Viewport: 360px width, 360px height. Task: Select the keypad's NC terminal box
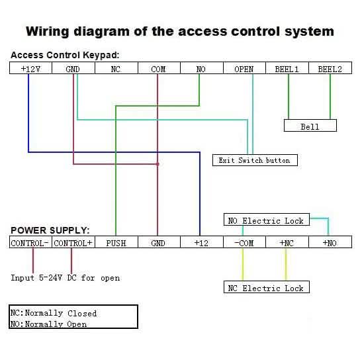(116, 69)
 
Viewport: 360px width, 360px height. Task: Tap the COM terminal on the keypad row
(158, 69)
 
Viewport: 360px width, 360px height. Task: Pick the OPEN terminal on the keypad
(244, 69)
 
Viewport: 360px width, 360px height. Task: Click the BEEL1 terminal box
(287, 69)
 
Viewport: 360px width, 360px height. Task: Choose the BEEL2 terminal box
(330, 69)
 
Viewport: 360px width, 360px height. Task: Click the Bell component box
(310, 126)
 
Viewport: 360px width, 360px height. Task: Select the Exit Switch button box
(255, 160)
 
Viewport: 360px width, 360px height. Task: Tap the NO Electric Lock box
(265, 221)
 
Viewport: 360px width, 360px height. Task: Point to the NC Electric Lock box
(265, 288)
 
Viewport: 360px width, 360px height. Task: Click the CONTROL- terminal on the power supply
(30, 243)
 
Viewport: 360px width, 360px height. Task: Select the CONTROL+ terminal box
(73, 243)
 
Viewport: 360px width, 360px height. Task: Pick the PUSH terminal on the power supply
(116, 243)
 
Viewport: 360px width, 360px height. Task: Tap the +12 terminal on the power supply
(201, 243)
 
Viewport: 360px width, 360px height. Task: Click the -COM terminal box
(244, 243)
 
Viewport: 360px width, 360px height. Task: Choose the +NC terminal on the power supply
(287, 243)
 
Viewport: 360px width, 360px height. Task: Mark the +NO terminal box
(330, 243)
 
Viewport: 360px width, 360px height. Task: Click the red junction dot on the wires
(157, 163)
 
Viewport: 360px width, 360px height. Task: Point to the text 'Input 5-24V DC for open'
(66, 278)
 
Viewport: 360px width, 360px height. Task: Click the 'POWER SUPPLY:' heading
(50, 231)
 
